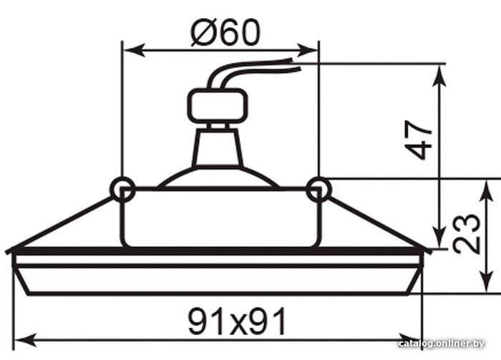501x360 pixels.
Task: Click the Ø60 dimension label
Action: pos(225,32)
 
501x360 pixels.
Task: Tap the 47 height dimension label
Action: pos(418,140)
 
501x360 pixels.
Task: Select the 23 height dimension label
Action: pos(467,234)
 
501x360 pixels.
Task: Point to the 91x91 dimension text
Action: pos(236,321)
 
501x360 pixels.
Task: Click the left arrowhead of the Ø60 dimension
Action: pos(135,51)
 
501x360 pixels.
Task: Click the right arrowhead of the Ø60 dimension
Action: pos(307,50)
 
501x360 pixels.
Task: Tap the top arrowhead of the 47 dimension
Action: pos(439,76)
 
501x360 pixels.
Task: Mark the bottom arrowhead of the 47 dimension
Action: pos(439,237)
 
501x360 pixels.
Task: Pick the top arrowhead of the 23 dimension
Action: pos(486,190)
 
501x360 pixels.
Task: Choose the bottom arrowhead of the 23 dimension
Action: pos(486,281)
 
